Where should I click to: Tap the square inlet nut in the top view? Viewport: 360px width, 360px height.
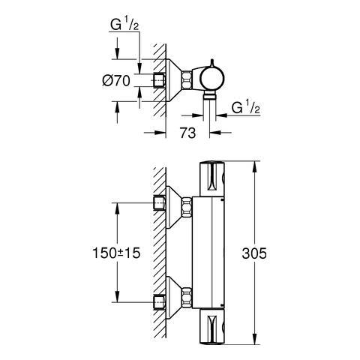160,79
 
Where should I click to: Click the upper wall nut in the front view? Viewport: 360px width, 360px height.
160,203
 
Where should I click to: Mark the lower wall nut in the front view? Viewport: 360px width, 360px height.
160,302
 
